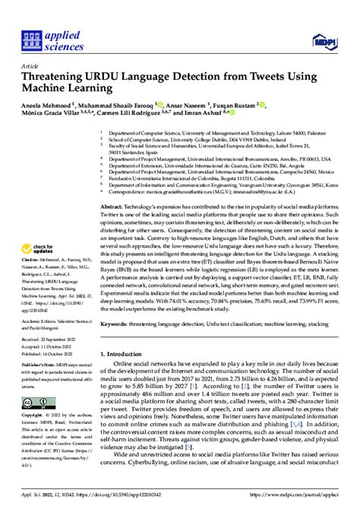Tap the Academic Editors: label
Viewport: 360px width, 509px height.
37,342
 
